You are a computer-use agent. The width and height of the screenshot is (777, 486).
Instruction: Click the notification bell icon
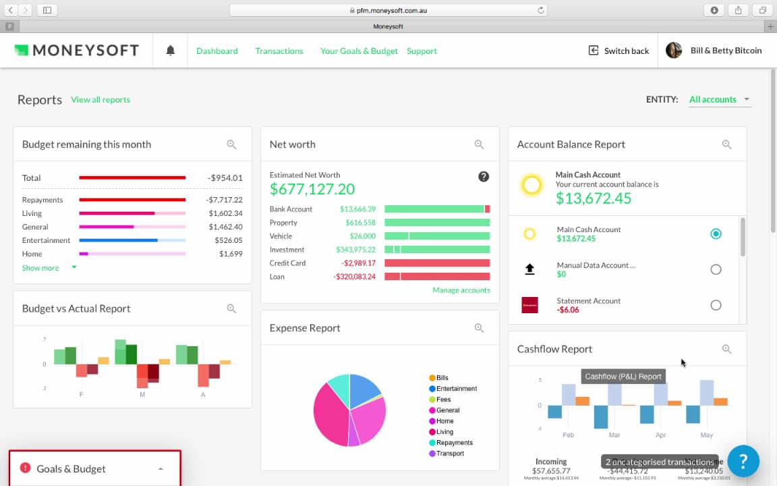[171, 51]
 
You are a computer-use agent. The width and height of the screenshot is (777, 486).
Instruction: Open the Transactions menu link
[279, 51]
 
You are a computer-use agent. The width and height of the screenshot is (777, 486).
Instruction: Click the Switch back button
[618, 51]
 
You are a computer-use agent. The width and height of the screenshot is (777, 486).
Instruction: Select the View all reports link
[100, 99]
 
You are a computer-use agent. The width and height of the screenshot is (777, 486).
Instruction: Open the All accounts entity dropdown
[719, 99]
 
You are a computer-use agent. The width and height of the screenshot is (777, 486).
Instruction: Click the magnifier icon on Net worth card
[479, 144]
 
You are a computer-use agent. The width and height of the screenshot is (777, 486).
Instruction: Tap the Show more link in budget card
[40, 268]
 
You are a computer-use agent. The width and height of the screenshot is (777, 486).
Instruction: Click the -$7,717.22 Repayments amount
[225, 200]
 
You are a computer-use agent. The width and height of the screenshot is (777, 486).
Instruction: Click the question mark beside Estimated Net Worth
[484, 177]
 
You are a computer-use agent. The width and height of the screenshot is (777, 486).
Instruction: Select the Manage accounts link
[461, 290]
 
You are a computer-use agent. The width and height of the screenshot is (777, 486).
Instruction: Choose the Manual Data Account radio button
[716, 269]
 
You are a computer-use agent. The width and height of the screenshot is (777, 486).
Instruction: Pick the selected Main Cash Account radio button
[716, 234]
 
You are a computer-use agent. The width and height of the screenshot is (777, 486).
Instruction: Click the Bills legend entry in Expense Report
[442, 378]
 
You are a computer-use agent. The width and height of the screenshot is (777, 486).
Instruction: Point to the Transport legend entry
[450, 454]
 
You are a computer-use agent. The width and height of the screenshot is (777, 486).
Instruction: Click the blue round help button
[743, 461]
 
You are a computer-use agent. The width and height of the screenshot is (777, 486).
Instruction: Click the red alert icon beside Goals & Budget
[26, 468]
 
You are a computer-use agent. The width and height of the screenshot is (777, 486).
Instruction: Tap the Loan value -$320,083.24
[354, 277]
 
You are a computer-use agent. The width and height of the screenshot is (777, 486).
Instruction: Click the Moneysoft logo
[76, 50]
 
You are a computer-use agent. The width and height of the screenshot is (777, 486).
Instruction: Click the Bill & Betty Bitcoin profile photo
[674, 51]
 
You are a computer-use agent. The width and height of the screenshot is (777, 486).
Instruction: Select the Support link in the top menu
[422, 51]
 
